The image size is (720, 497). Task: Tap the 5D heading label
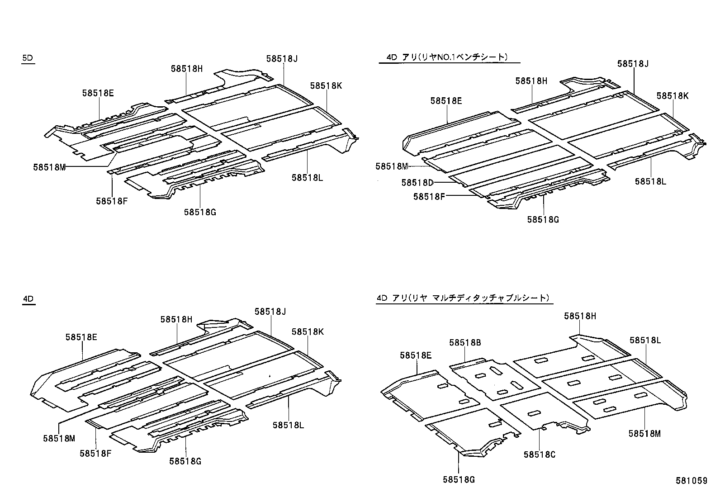(x=28, y=58)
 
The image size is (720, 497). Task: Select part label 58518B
(x=465, y=343)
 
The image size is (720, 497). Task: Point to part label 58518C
(x=539, y=454)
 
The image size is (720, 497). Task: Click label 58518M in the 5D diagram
(x=49, y=167)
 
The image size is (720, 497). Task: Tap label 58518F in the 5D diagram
(x=112, y=201)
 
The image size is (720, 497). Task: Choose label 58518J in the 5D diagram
(x=282, y=58)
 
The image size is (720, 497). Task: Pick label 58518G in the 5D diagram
(x=200, y=212)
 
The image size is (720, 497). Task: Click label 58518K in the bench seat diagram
(x=673, y=96)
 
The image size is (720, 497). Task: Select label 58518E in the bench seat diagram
(x=446, y=101)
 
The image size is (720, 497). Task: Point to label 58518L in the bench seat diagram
(x=650, y=181)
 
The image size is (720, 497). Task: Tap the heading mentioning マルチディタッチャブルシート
(x=463, y=298)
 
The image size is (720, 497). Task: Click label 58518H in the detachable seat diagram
(x=580, y=317)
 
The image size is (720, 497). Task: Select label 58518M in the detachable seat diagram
(x=644, y=434)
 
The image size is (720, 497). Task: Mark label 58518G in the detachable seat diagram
(x=459, y=480)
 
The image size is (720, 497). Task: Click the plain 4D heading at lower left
(x=28, y=299)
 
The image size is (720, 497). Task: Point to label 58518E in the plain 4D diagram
(x=81, y=337)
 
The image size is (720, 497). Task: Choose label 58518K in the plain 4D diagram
(x=308, y=332)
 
